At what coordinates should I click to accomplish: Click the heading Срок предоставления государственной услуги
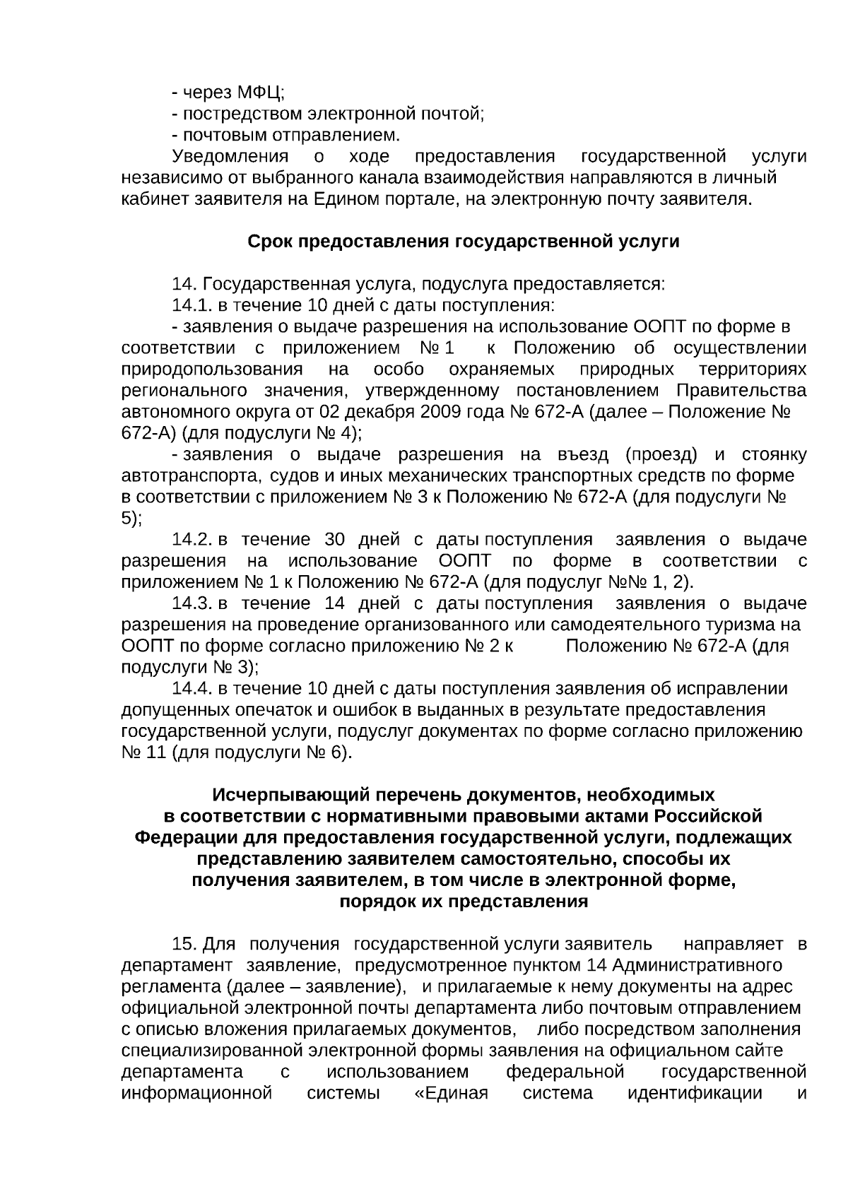[x=464, y=242]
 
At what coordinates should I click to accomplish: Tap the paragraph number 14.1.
[x=192, y=305]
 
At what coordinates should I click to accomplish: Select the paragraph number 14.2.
[x=192, y=540]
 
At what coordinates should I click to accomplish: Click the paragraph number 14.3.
[x=192, y=603]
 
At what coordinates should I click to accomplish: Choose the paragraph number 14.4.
[x=192, y=688]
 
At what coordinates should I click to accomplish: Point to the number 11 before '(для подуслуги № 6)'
[x=155, y=752]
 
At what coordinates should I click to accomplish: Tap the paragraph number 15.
[x=184, y=944]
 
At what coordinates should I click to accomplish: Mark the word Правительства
[x=741, y=390]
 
